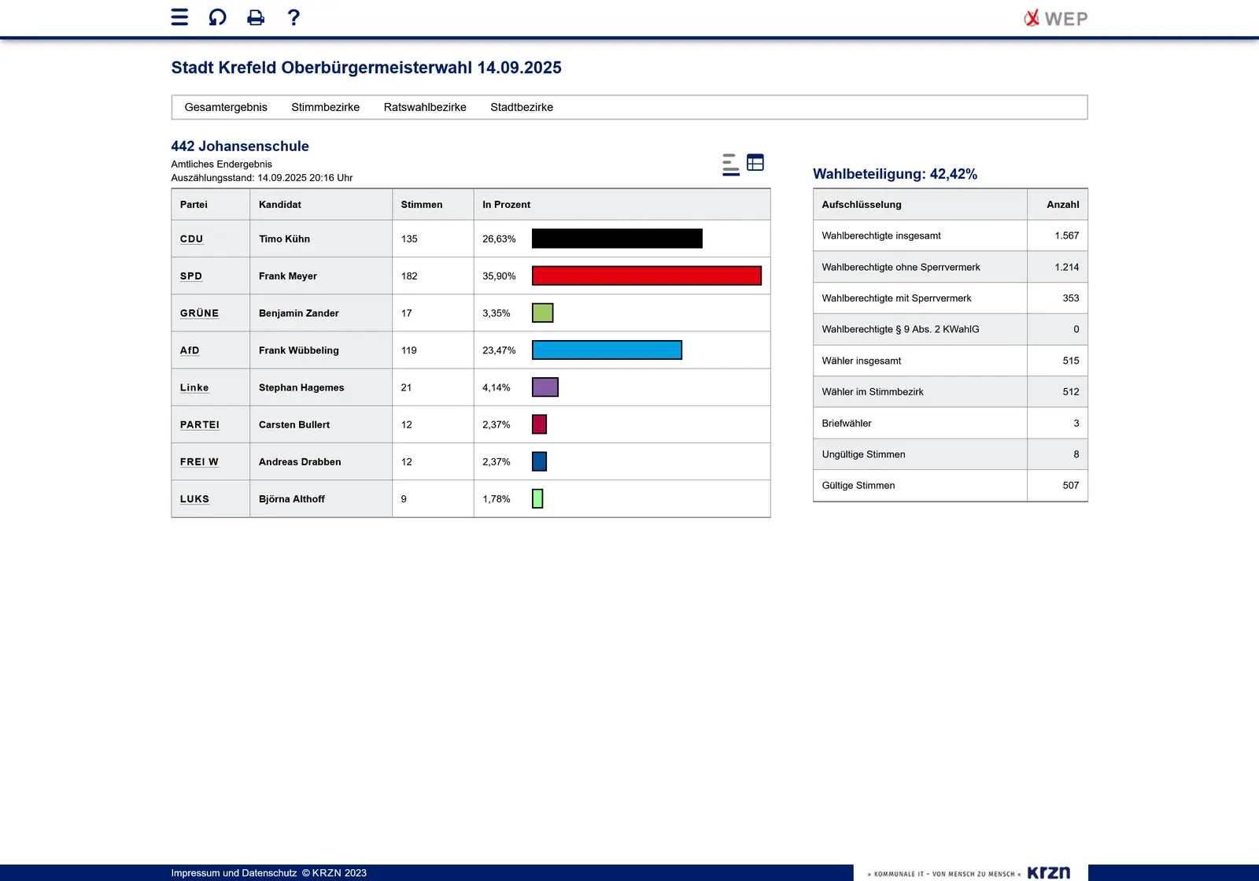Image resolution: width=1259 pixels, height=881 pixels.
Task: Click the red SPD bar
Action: [x=646, y=276]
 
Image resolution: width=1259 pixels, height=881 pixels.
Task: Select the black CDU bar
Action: [x=617, y=239]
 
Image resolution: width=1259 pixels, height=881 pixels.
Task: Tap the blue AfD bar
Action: [x=607, y=350]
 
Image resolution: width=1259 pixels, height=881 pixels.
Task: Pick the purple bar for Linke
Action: [x=545, y=387]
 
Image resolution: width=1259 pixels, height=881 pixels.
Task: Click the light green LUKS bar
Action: [x=537, y=499]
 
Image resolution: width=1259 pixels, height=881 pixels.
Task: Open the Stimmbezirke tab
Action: [x=325, y=107]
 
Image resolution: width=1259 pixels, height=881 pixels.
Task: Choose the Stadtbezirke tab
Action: [x=521, y=107]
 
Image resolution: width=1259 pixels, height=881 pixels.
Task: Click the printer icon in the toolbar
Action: [x=256, y=17]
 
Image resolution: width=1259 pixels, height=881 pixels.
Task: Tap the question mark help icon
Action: [x=294, y=17]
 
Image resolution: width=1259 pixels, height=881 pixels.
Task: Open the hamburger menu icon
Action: [x=179, y=17]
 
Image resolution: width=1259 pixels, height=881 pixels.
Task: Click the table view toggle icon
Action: [x=755, y=163]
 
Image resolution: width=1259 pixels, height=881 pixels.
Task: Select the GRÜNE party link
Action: [x=199, y=313]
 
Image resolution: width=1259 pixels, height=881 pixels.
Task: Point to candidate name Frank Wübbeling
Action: [x=298, y=350]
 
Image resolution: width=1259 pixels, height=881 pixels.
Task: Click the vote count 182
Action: [x=409, y=276]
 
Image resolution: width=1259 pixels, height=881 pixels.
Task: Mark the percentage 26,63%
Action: [x=499, y=239]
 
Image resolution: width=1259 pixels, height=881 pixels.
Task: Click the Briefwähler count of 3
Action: [x=1076, y=424]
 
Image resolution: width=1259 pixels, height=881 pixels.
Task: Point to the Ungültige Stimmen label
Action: [x=863, y=454]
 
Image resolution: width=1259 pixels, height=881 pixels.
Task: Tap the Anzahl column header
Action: [x=1062, y=205]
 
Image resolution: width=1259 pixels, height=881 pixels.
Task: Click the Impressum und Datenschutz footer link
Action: [x=234, y=873]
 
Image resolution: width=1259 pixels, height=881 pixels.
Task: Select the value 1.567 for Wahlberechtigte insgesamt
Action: [x=1066, y=235]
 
